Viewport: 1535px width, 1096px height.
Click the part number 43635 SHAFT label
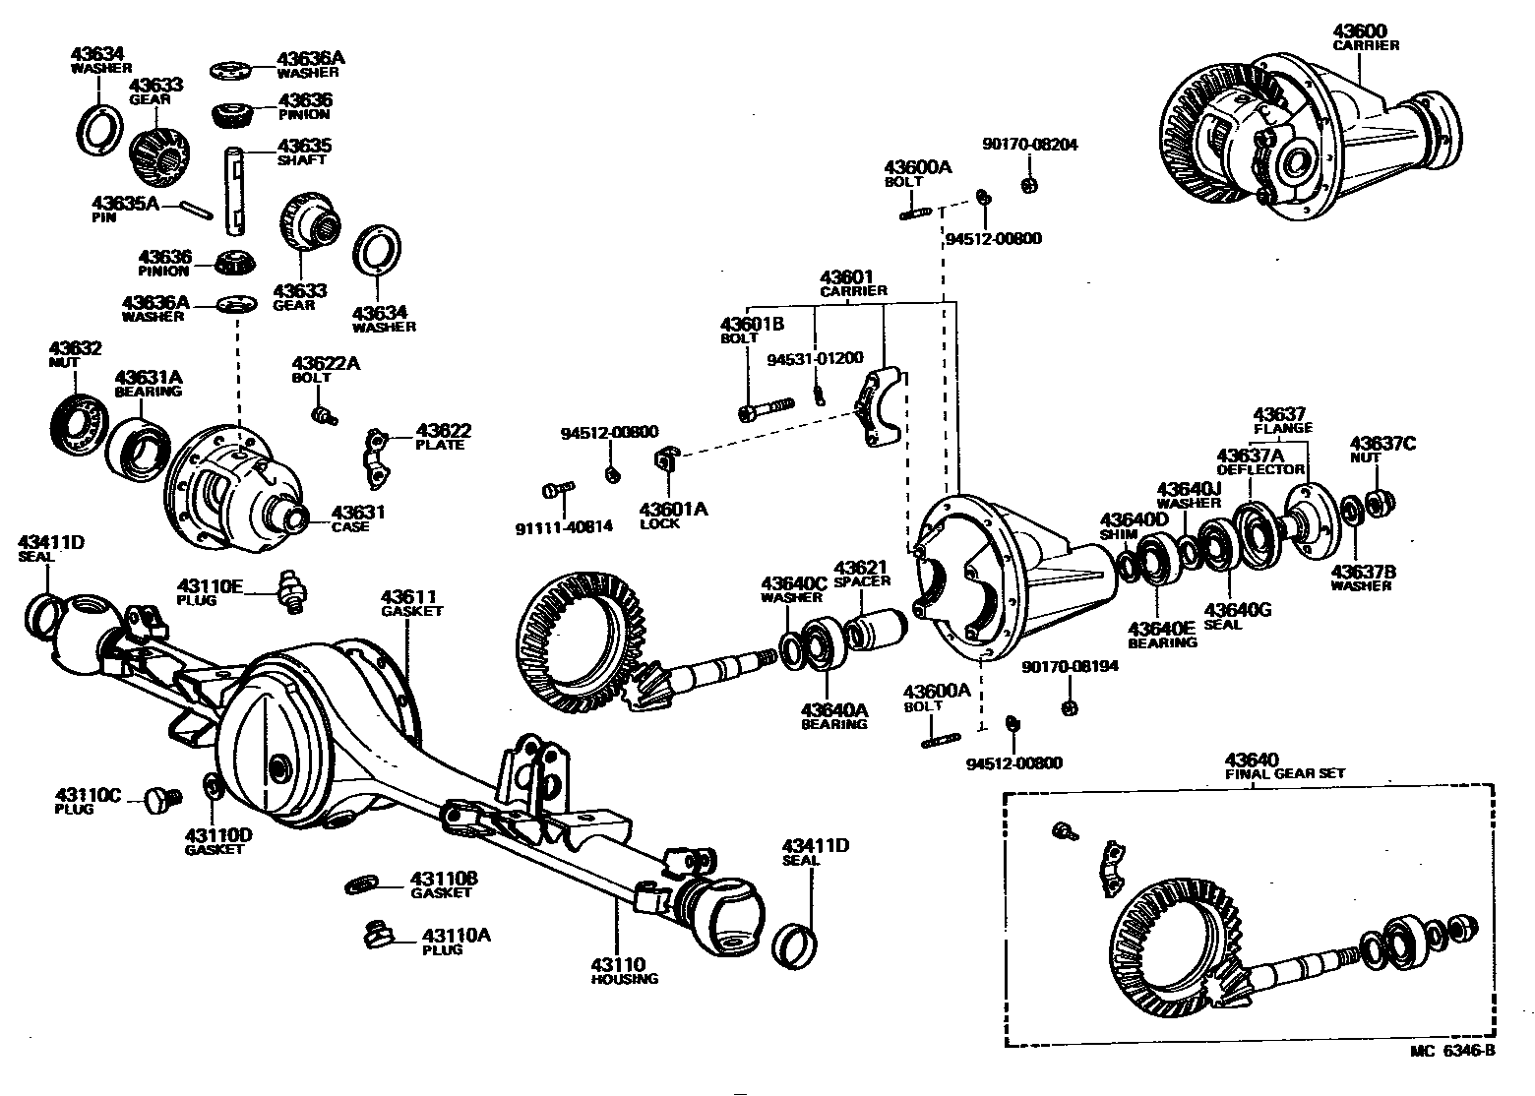click(304, 152)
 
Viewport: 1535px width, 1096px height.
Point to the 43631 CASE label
click(357, 518)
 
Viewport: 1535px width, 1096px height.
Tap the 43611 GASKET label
click(410, 603)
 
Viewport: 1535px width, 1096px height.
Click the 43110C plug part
click(159, 799)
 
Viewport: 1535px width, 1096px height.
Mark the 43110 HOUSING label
click(624, 971)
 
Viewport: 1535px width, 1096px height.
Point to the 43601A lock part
click(664, 460)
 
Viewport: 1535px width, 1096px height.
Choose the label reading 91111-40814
click(564, 526)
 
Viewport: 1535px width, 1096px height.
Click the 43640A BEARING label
click(833, 716)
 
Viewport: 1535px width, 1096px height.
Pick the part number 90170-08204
click(1029, 145)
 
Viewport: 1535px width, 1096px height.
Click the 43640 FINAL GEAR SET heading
click(1284, 766)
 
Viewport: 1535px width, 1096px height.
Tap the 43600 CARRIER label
click(1366, 38)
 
